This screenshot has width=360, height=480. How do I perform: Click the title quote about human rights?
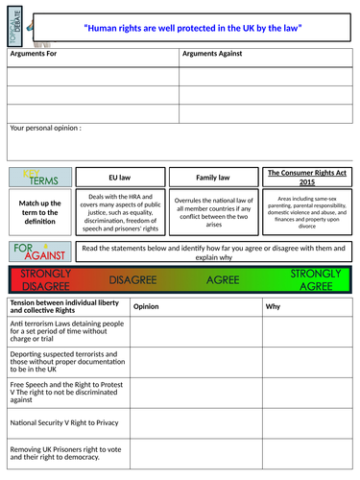click(193, 29)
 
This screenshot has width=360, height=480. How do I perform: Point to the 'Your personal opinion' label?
click(45, 127)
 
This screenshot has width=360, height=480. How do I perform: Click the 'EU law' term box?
click(120, 178)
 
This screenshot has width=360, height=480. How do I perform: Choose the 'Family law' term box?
click(212, 178)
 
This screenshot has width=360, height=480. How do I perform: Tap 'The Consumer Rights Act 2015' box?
click(303, 178)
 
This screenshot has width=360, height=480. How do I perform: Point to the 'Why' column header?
click(274, 307)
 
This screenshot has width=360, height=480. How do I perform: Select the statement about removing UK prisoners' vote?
click(65, 452)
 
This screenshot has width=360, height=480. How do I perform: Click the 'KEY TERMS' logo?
click(36, 177)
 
